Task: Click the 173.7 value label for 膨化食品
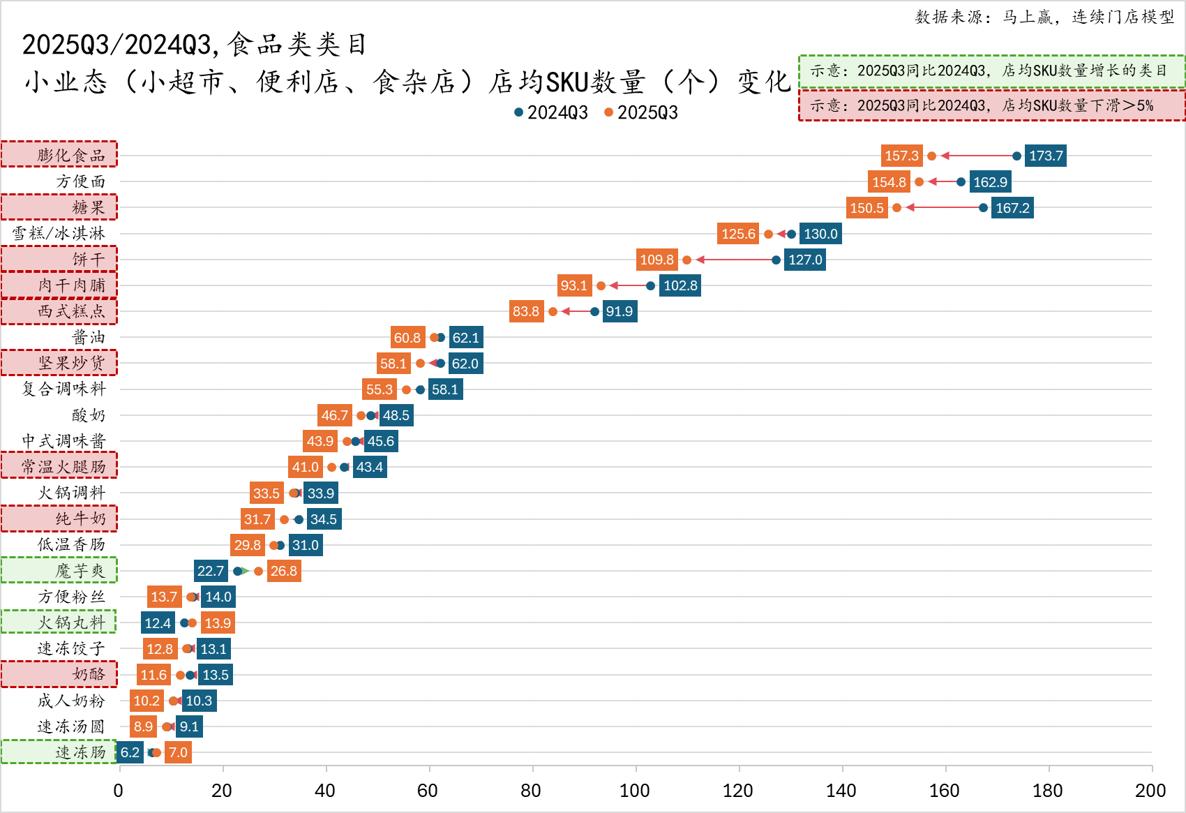(1045, 156)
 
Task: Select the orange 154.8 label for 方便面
(888, 182)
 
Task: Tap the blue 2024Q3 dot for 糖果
(983, 207)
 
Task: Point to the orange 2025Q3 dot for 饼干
(686, 260)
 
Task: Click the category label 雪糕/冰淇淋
(59, 233)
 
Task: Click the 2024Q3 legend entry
(551, 112)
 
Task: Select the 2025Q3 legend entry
(641, 112)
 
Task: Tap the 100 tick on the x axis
(634, 790)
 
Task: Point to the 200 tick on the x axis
(1150, 790)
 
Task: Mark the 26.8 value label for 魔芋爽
(283, 571)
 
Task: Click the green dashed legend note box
(991, 71)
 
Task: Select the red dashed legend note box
(991, 105)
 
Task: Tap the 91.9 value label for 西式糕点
(619, 311)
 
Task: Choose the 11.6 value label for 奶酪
(153, 675)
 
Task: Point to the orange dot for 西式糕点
(553, 311)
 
